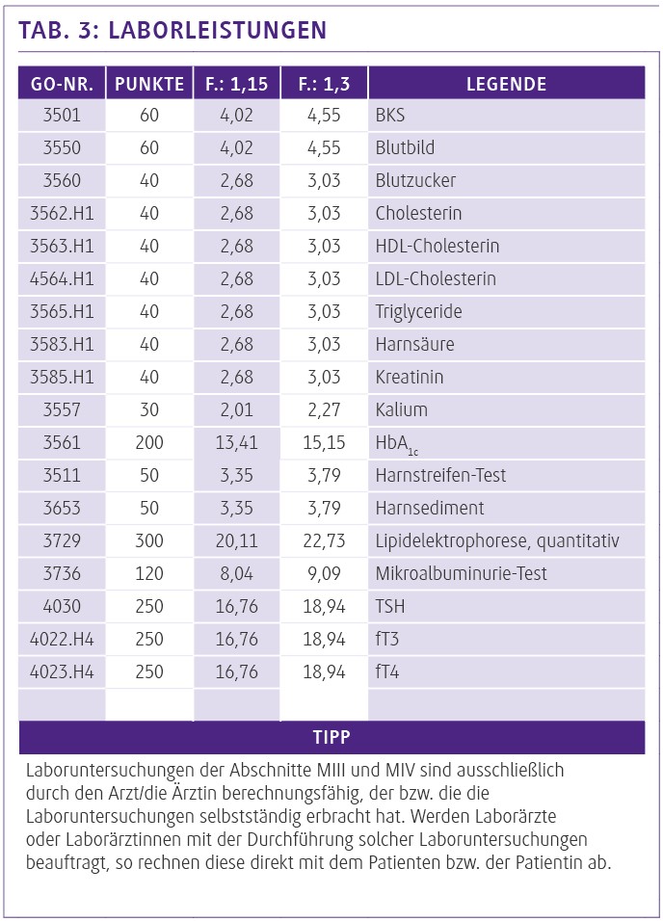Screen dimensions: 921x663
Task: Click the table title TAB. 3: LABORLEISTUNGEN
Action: coord(172,30)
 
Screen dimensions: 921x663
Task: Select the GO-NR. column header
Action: coord(62,84)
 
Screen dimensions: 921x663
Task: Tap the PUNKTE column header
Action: coord(149,84)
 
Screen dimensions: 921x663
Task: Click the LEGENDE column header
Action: coord(506,84)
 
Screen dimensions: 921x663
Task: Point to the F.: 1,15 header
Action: coord(236,84)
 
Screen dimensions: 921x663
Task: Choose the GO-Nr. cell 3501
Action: coord(62,116)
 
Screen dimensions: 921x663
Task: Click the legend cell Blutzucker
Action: coord(415,181)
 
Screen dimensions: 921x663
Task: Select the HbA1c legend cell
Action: coord(397,443)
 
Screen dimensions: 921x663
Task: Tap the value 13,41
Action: coord(236,443)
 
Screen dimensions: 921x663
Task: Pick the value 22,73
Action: coord(324,541)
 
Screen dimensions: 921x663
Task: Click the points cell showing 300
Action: coord(149,541)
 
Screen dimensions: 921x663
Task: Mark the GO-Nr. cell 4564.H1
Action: coord(62,279)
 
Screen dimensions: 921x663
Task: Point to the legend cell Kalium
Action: coord(401,410)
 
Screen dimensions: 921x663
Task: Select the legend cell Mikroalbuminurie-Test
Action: coord(461,574)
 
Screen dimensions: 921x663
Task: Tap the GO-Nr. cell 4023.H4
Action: coord(62,672)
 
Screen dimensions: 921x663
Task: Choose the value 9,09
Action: coord(324,574)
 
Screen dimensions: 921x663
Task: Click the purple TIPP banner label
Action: coord(331,738)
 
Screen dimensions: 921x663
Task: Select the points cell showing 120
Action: coord(149,574)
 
